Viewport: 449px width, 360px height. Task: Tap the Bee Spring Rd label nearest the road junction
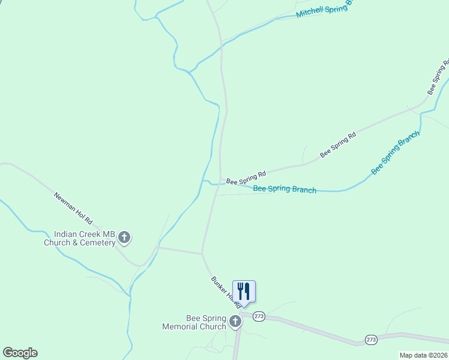pyautogui.click(x=246, y=178)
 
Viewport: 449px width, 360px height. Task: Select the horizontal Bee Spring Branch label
pyautogui.click(x=285, y=190)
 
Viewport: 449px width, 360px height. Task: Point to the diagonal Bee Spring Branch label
pyautogui.click(x=395, y=153)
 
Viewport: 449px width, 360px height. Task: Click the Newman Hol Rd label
pyautogui.click(x=73, y=207)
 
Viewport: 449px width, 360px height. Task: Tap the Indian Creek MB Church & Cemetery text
pyautogui.click(x=79, y=238)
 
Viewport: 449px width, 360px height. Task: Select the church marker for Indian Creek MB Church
pyautogui.click(x=124, y=238)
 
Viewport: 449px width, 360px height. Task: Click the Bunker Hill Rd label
pyautogui.click(x=225, y=292)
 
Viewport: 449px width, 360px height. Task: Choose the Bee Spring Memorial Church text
pyautogui.click(x=194, y=322)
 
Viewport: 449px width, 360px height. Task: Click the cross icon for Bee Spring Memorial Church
pyautogui.click(x=235, y=322)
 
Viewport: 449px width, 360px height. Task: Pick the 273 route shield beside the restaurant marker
pyautogui.click(x=259, y=316)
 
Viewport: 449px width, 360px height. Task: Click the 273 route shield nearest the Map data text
pyautogui.click(x=371, y=340)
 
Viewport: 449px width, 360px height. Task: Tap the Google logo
pyautogui.click(x=20, y=353)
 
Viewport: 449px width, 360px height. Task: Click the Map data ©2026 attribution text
pyautogui.click(x=424, y=355)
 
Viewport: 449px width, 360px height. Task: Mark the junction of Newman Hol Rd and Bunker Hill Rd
pyautogui.click(x=202, y=254)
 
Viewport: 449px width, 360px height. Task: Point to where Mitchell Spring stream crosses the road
pyautogui.click(x=221, y=41)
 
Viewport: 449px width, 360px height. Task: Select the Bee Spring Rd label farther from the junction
pyautogui.click(x=338, y=145)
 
